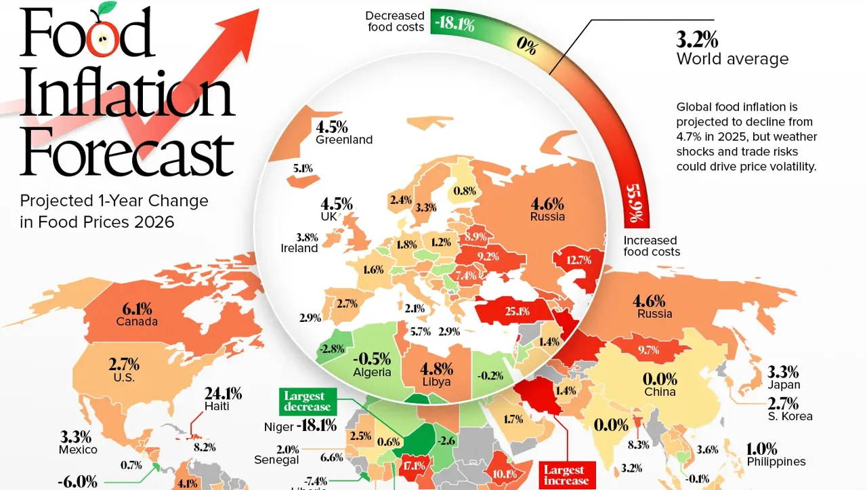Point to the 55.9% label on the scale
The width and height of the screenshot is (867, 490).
click(x=636, y=203)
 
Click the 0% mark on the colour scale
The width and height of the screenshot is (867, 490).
click(x=526, y=47)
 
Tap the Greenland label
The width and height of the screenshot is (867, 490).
click(x=344, y=140)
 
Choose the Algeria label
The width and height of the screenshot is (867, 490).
click(x=372, y=372)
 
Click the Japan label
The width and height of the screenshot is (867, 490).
click(x=782, y=385)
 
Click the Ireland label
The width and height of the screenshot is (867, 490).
click(x=299, y=249)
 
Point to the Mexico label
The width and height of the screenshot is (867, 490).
click(x=77, y=449)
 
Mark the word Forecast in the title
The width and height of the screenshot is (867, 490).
click(x=127, y=154)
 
